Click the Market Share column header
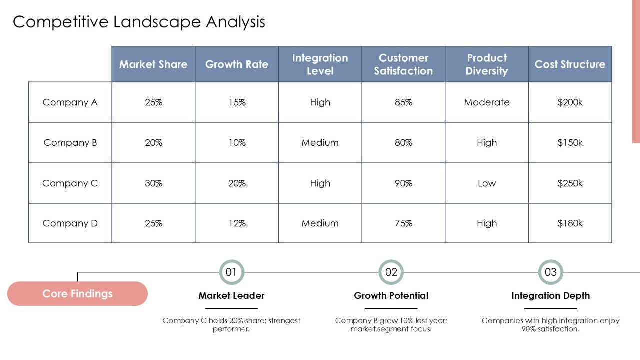coord(153,64)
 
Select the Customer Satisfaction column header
coord(403,64)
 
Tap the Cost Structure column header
coord(570,64)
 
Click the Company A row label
coord(70,102)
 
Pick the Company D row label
coord(70,223)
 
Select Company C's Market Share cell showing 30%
coord(153,183)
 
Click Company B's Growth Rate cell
coord(237,142)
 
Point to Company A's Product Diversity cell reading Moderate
coord(487,102)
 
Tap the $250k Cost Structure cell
coord(570,183)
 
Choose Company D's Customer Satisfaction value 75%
coord(403,223)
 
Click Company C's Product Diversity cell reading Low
coord(487,183)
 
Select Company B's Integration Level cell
coord(320,142)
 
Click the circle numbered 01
coord(231,260)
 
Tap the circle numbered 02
coord(391,260)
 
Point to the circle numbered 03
coord(551,260)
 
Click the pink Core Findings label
coord(77,293)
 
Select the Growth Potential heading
coord(391,295)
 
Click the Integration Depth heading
coord(551,296)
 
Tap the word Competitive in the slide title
coord(61,22)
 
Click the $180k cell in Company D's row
coord(570,223)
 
